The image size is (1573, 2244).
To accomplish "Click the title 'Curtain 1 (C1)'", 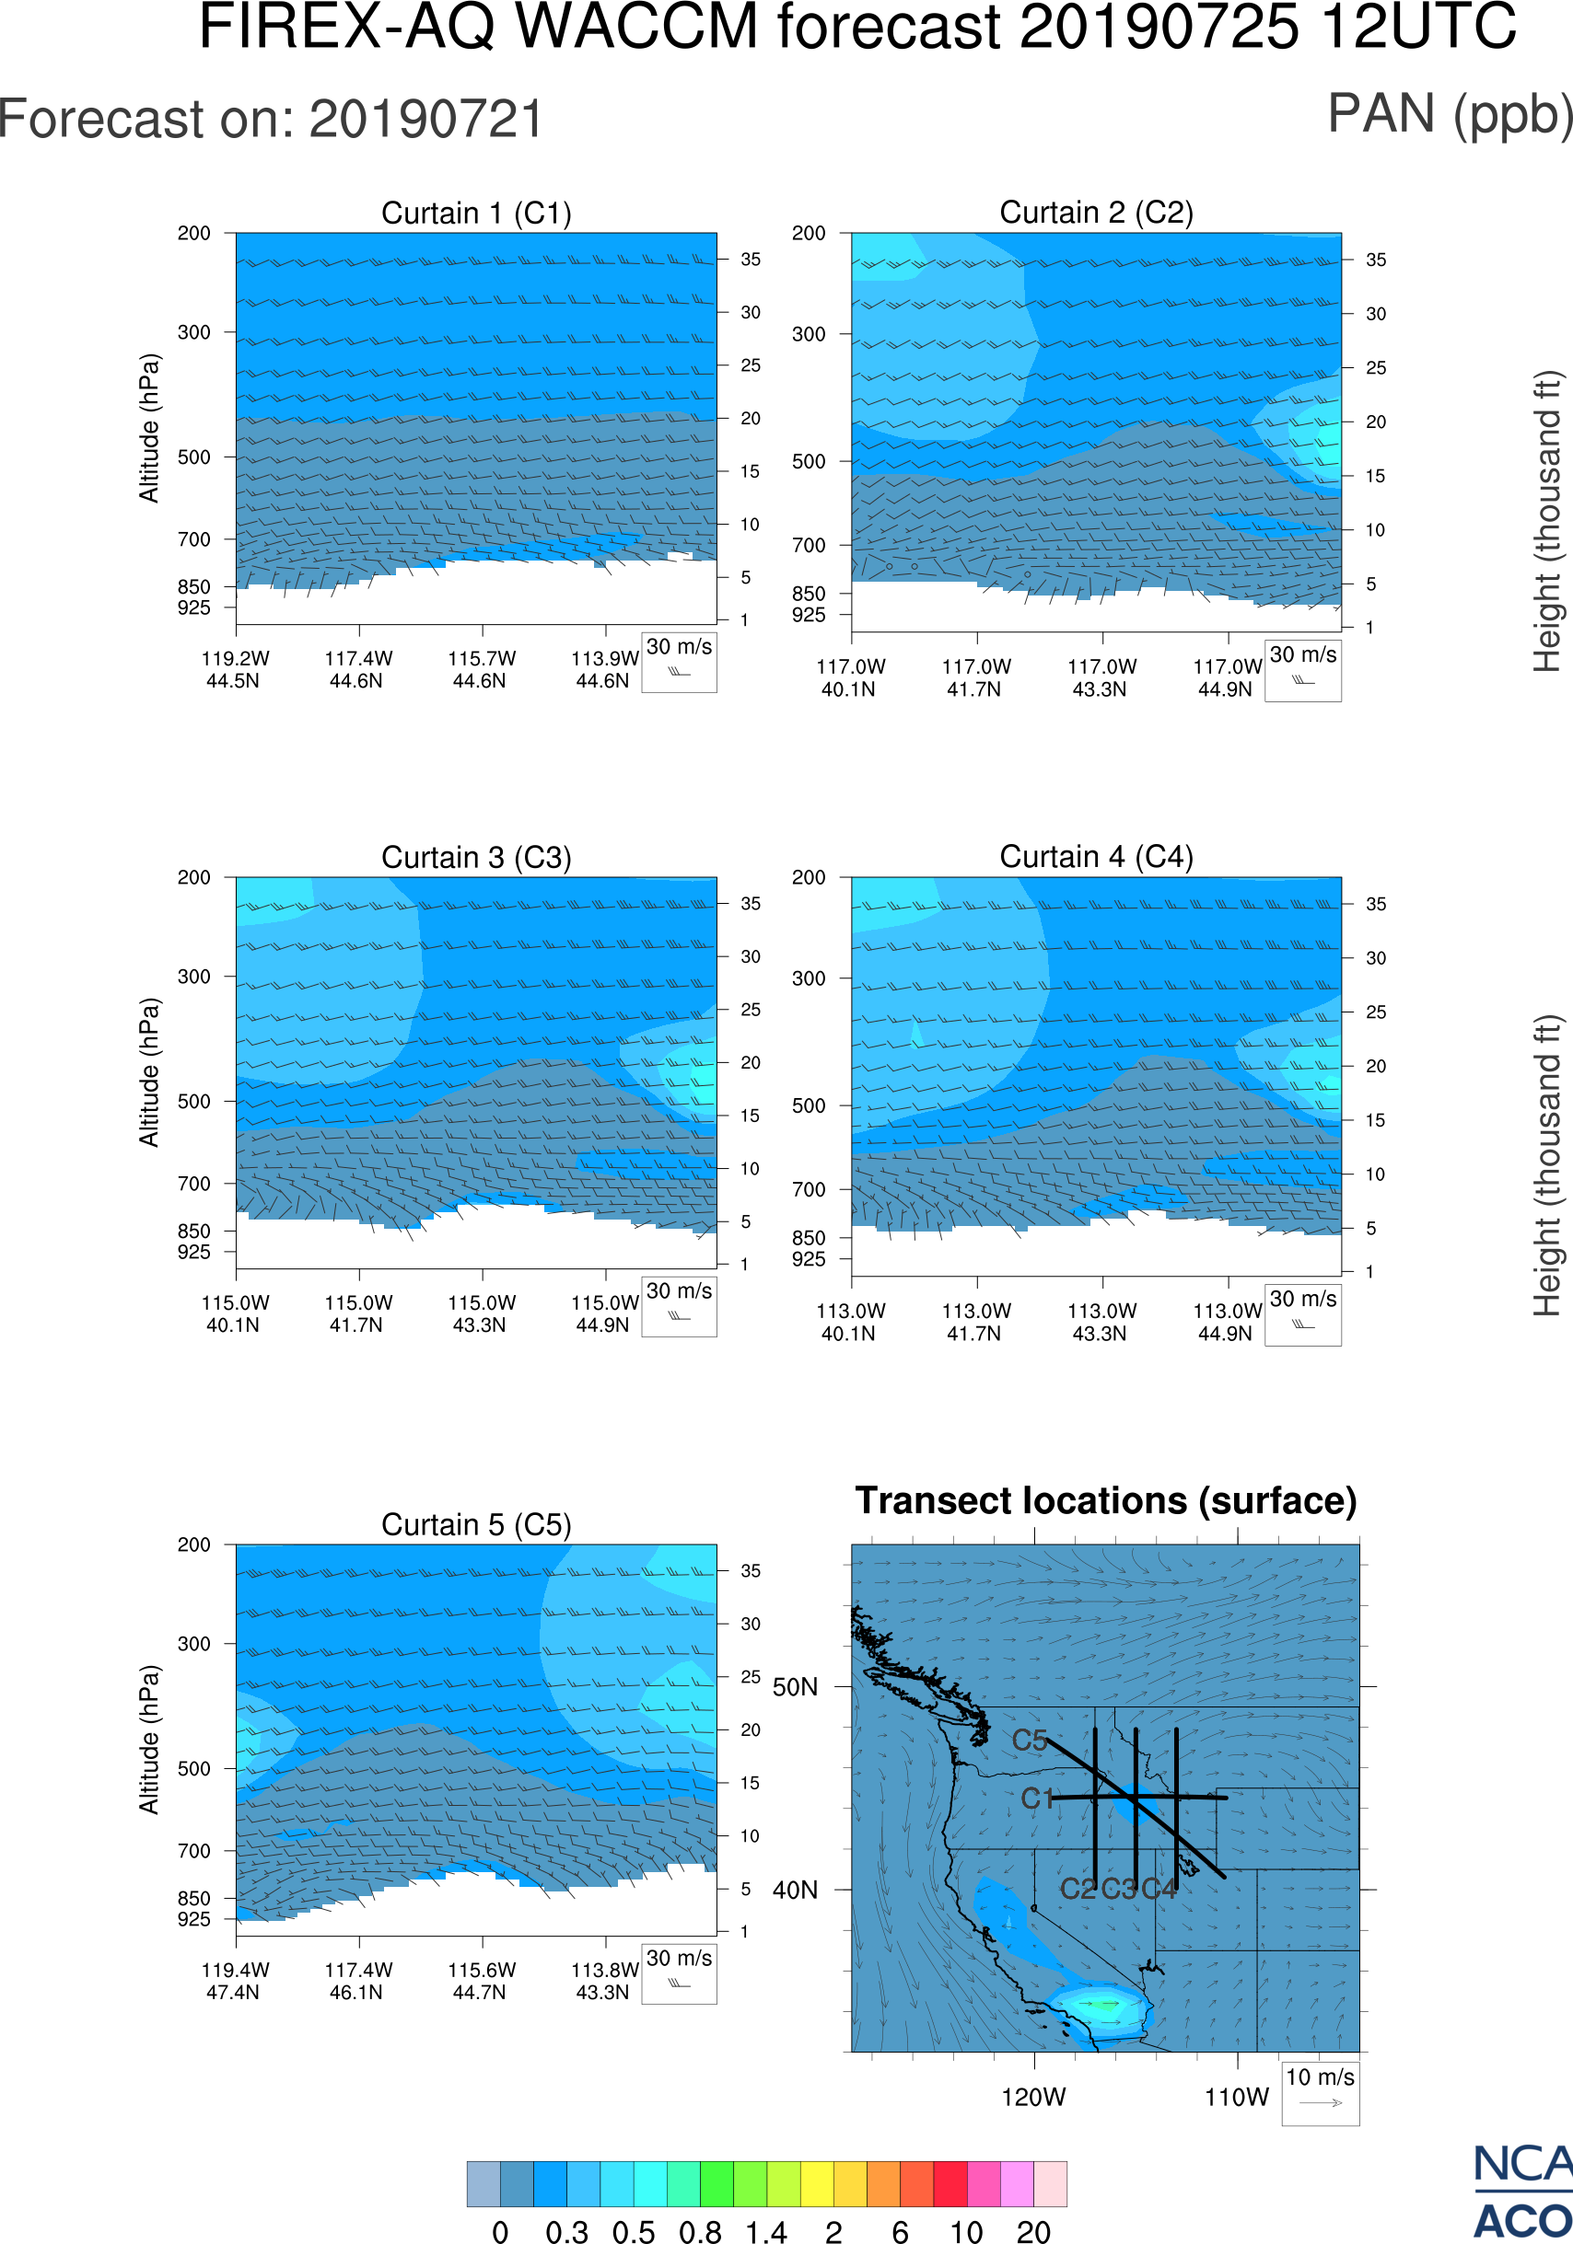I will point(476,213).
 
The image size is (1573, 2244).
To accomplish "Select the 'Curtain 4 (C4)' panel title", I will point(1096,857).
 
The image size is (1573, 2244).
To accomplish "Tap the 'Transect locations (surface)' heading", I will point(1106,1500).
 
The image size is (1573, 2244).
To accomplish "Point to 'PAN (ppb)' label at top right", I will point(1449,115).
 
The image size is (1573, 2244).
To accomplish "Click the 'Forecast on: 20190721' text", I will point(271,120).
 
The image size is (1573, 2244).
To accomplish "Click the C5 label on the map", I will point(1029,1741).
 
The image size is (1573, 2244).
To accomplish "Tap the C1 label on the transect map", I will point(1036,1799).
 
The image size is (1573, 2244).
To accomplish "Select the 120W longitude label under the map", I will point(1033,2098).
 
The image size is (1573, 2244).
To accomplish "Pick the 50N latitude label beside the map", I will point(795,1688).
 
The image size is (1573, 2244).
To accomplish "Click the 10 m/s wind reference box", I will point(1320,2093).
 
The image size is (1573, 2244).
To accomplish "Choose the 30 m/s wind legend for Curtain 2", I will point(1302,669).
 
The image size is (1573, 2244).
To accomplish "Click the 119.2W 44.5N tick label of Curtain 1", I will point(235,669).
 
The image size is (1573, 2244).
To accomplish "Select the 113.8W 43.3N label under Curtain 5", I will point(604,1981).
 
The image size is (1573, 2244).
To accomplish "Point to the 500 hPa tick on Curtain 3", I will point(193,1102).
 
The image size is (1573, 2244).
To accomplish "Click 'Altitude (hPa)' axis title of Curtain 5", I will point(148,1740).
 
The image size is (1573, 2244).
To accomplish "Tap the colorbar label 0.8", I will point(700,2231).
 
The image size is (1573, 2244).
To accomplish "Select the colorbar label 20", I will point(1033,2231).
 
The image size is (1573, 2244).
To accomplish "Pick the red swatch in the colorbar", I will point(950,2183).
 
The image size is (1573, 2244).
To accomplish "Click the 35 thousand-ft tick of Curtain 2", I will point(1376,260).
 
